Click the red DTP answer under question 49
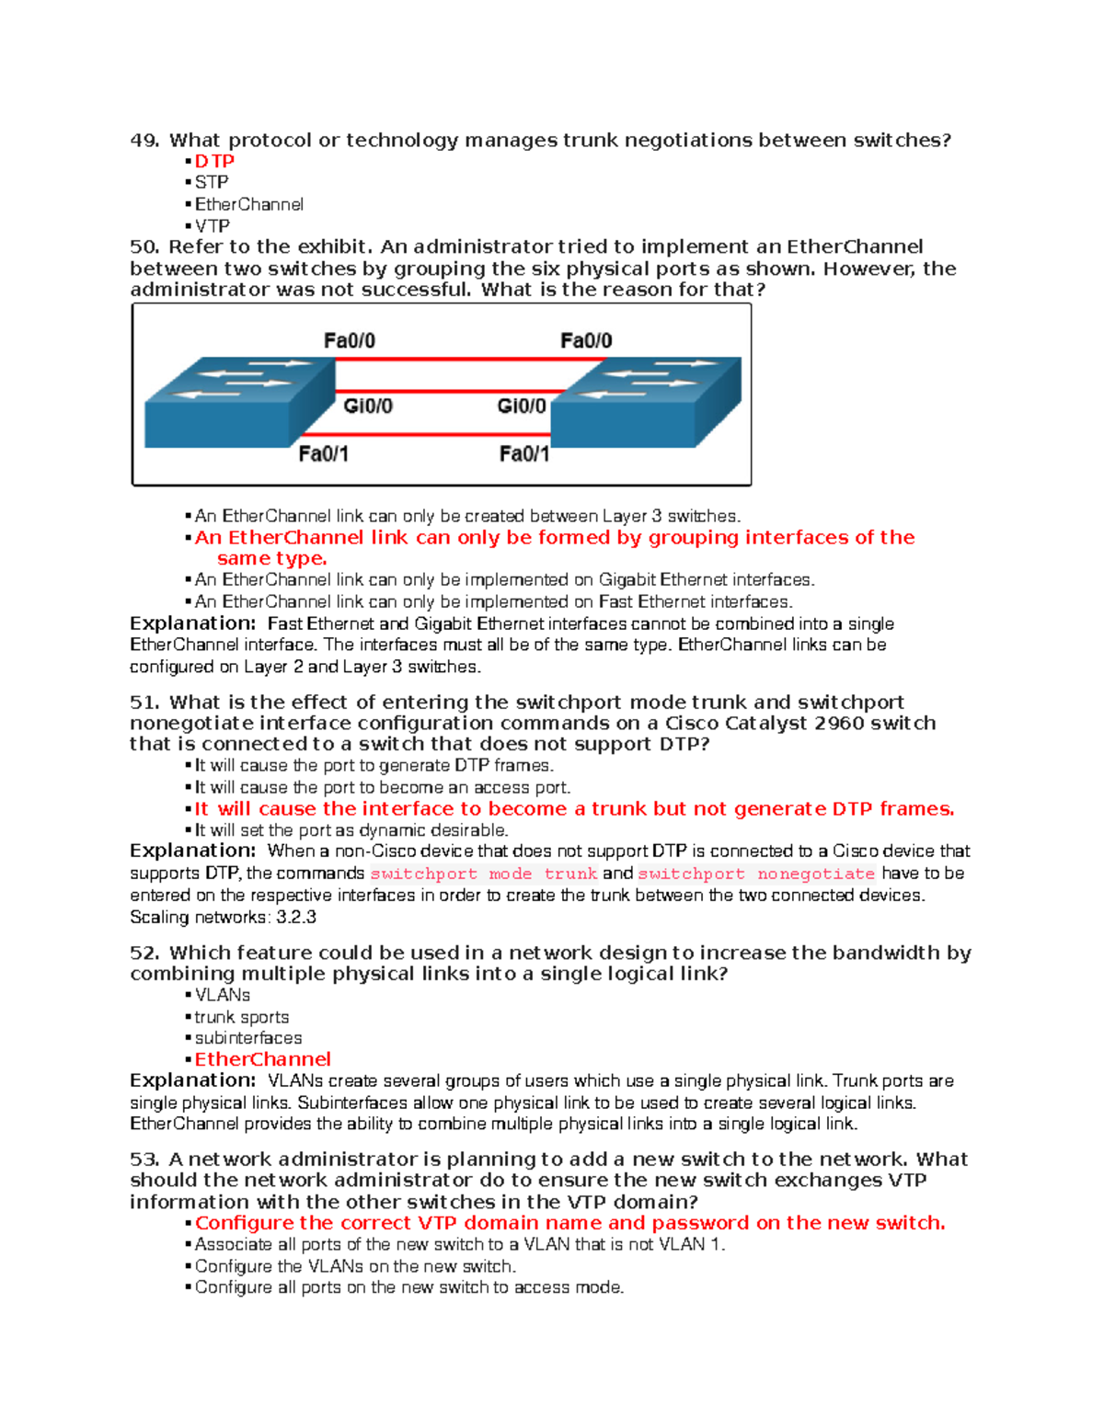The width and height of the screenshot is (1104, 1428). (x=214, y=161)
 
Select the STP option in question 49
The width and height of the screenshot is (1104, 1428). (x=212, y=182)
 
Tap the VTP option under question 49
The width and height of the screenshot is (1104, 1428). (x=212, y=225)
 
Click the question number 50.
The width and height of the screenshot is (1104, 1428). (x=144, y=246)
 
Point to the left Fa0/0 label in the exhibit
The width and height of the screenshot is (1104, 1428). (x=349, y=341)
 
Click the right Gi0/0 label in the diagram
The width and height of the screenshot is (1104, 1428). (x=521, y=406)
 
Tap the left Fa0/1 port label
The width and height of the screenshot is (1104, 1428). (x=323, y=453)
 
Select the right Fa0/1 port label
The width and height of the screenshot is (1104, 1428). (x=523, y=453)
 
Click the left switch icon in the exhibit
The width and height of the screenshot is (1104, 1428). (x=239, y=402)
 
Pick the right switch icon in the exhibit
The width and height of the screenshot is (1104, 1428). (x=645, y=402)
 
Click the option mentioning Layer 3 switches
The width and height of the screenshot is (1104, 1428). (x=467, y=516)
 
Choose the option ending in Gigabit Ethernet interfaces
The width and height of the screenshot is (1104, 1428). (x=504, y=579)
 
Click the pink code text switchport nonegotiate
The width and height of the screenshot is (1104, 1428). (x=756, y=874)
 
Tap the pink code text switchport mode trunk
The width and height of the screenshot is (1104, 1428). (x=484, y=874)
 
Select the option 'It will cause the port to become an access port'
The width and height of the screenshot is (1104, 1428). (x=383, y=787)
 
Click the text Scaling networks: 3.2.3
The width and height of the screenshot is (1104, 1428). (x=223, y=917)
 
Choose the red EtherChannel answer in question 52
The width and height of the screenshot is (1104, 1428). (x=262, y=1059)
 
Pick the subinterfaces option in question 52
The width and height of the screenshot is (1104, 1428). (x=248, y=1038)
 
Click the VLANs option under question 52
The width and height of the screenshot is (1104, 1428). (x=223, y=995)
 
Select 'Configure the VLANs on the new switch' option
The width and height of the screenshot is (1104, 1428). (x=355, y=1266)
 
